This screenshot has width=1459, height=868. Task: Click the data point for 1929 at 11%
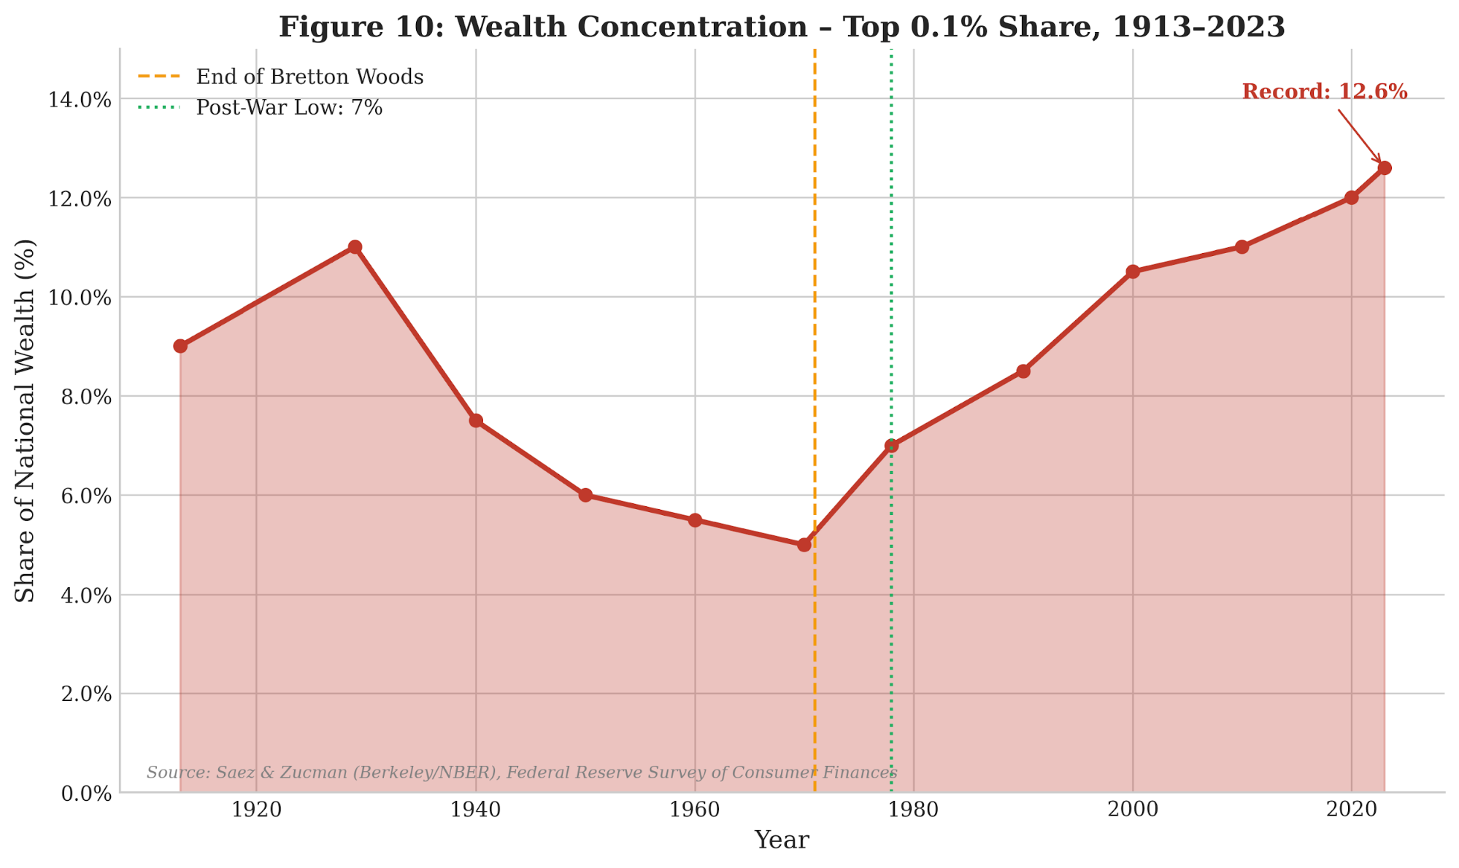(x=355, y=247)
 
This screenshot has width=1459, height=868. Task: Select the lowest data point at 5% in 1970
(x=804, y=545)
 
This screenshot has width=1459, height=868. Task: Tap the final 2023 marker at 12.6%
(x=1385, y=168)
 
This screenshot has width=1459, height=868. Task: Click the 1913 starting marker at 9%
(x=180, y=346)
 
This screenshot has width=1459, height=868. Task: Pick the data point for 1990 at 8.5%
(x=1023, y=371)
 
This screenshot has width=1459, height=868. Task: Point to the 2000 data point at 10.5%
(x=1133, y=272)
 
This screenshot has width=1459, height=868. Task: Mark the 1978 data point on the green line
(x=891, y=446)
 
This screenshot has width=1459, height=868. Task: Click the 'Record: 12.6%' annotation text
(x=1325, y=92)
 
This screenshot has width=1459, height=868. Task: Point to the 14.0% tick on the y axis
(x=80, y=99)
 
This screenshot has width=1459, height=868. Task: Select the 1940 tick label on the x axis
(x=476, y=810)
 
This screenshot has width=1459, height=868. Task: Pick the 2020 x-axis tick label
(x=1352, y=810)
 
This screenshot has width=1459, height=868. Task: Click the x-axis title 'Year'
(x=782, y=840)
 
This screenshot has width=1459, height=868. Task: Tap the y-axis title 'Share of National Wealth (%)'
(x=26, y=421)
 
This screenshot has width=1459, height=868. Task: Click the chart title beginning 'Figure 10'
(x=782, y=27)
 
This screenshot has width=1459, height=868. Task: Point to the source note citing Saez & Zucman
(x=522, y=772)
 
